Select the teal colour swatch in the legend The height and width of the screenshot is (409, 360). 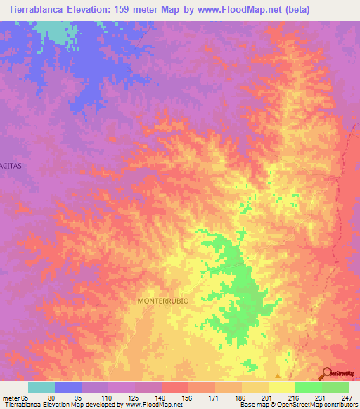pos(41,387)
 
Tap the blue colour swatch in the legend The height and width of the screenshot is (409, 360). pos(68,387)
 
